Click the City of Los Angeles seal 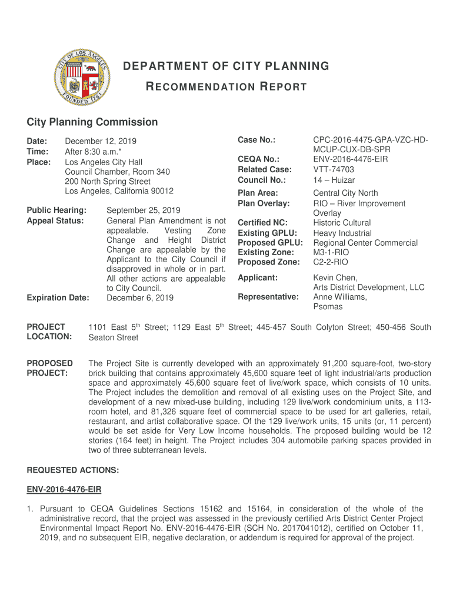coord(81,77)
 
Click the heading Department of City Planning coord(226,66)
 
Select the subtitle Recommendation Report coord(226,87)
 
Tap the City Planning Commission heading coord(92,122)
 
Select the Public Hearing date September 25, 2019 coord(144,210)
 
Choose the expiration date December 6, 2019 coord(140,298)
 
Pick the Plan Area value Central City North coord(345,193)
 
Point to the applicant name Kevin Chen coord(335,277)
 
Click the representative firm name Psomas coord(327,307)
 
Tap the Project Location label coord(49,332)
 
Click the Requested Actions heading coord(73,470)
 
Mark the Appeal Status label coord(55,220)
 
